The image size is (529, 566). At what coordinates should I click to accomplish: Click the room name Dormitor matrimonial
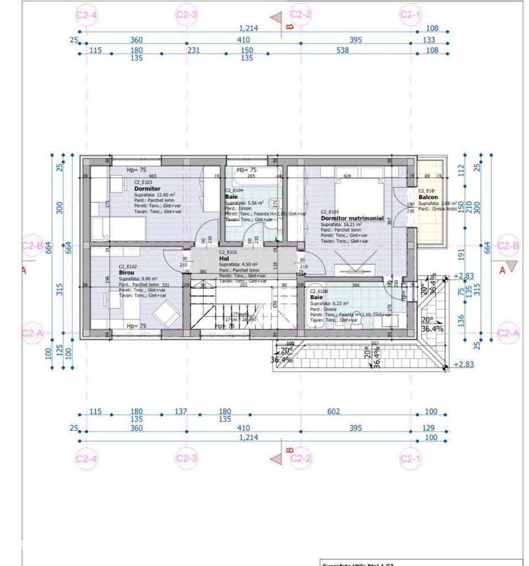(352, 218)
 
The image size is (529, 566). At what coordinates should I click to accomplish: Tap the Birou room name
(126, 273)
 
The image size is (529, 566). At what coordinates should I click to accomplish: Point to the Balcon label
(428, 197)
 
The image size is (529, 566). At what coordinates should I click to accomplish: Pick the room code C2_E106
(319, 291)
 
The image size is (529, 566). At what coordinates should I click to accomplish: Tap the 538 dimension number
(343, 50)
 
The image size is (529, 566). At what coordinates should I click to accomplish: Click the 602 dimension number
(333, 411)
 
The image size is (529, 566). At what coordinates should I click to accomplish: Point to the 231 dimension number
(194, 50)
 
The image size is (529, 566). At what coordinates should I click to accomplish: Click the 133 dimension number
(429, 40)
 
